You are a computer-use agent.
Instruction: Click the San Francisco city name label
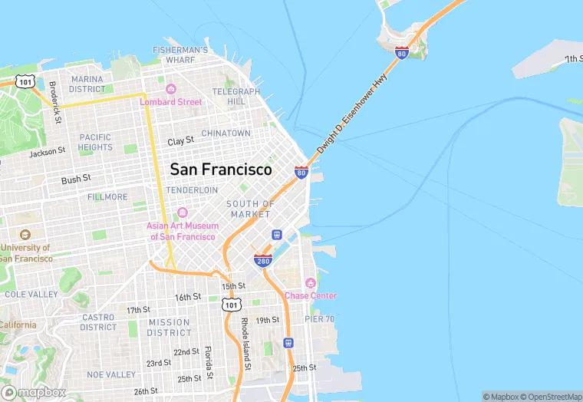(221, 170)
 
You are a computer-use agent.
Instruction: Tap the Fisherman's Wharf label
(180, 54)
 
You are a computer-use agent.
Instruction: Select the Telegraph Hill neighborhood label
(230, 97)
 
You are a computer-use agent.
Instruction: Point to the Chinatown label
(226, 133)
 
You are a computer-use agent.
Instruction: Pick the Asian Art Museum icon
(183, 213)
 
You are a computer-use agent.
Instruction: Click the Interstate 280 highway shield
(263, 262)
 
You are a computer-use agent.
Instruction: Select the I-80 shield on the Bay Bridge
(401, 52)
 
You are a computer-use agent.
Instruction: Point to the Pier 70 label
(319, 318)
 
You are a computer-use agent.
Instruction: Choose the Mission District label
(170, 328)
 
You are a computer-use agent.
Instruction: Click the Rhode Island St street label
(245, 344)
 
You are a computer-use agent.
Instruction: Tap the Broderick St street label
(54, 103)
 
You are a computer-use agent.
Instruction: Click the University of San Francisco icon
(25, 235)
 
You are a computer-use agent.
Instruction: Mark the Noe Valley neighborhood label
(110, 374)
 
